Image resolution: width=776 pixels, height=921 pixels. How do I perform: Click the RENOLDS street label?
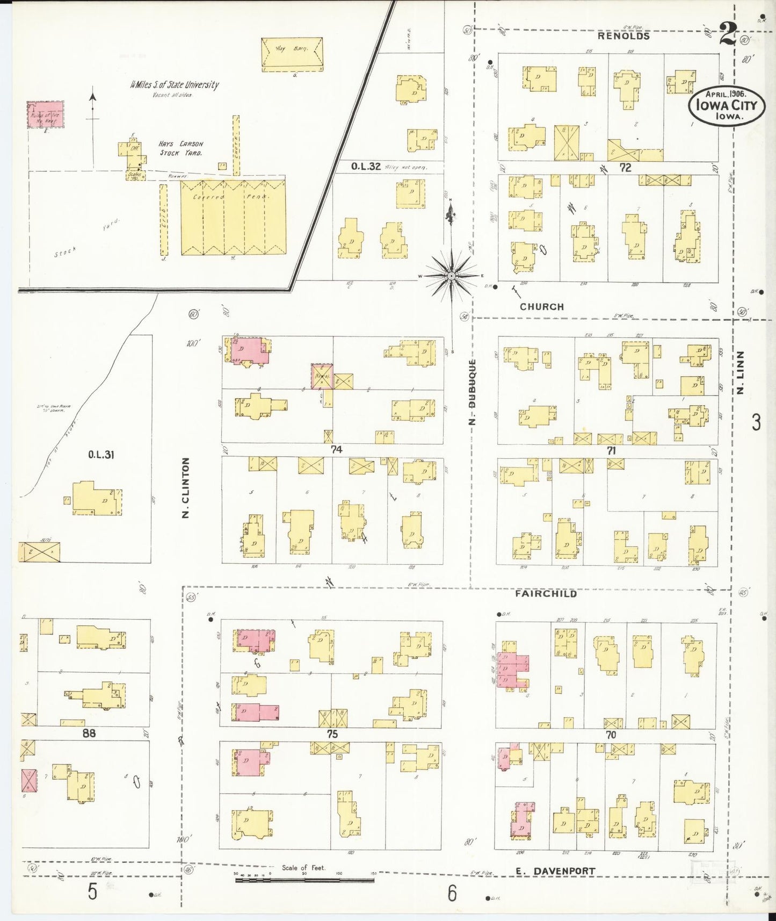coord(624,36)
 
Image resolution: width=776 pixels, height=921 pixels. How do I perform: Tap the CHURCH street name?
coord(541,306)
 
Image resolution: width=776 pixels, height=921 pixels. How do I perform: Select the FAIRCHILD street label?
coord(546,594)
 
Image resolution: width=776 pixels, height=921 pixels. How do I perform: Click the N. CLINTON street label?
coord(186,488)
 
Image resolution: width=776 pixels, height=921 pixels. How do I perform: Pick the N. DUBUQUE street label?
coord(473,392)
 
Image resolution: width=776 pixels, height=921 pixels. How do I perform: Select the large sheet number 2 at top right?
coord(728,35)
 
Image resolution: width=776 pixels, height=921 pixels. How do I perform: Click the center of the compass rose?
coord(452,276)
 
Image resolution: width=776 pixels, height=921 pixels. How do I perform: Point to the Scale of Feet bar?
coord(304,880)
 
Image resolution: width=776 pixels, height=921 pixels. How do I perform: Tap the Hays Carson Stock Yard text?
coord(180,148)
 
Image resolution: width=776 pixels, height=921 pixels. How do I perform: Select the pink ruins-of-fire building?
coord(46,114)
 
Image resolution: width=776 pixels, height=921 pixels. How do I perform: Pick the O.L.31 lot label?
coord(101,455)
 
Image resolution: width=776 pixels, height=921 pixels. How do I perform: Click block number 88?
coord(89,733)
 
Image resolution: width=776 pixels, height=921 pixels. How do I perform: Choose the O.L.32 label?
coord(366,167)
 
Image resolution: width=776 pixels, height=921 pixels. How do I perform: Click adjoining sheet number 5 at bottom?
coord(92,893)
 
